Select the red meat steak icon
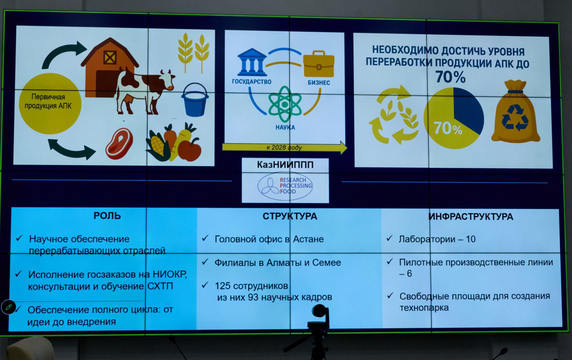click(x=119, y=143)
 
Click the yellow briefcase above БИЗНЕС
click(x=319, y=64)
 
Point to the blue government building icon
click(x=252, y=62)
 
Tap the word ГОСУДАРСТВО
click(x=252, y=82)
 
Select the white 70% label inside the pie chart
click(x=448, y=128)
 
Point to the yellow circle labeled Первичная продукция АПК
click(x=50, y=103)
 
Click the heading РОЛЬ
click(x=107, y=216)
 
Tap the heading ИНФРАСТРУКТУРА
click(x=470, y=217)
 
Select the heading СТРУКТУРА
click(x=290, y=216)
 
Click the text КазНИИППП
click(x=285, y=165)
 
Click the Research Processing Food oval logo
click(x=285, y=186)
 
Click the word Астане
click(x=308, y=239)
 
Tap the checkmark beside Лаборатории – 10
click(x=389, y=238)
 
